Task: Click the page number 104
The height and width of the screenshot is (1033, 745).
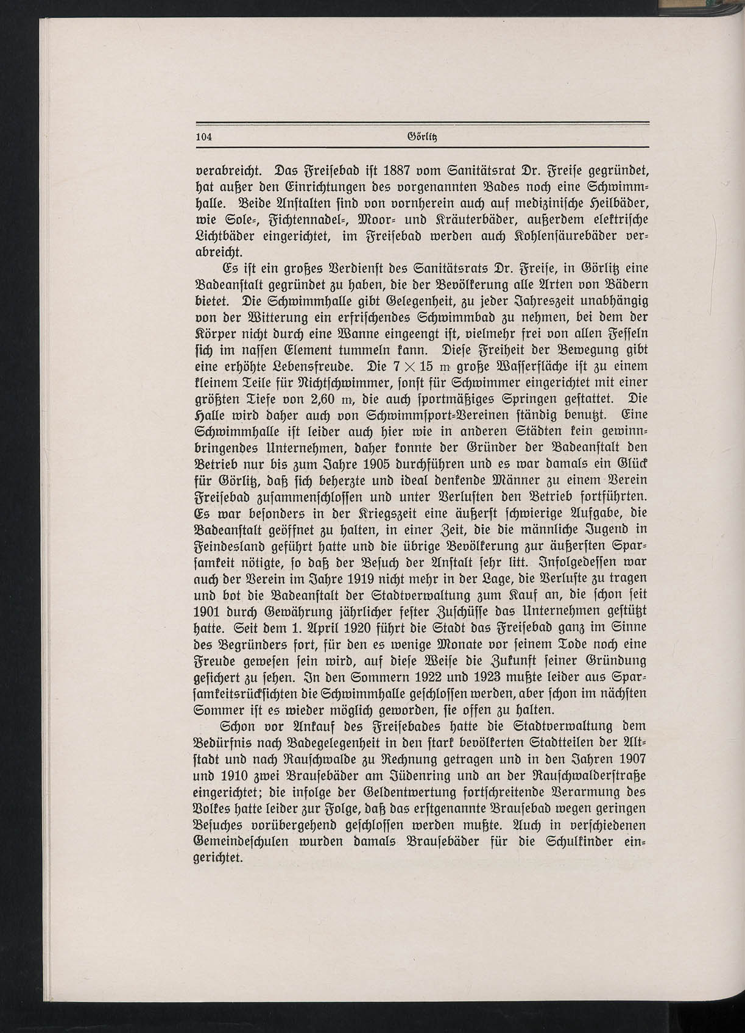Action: pyautogui.click(x=203, y=137)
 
